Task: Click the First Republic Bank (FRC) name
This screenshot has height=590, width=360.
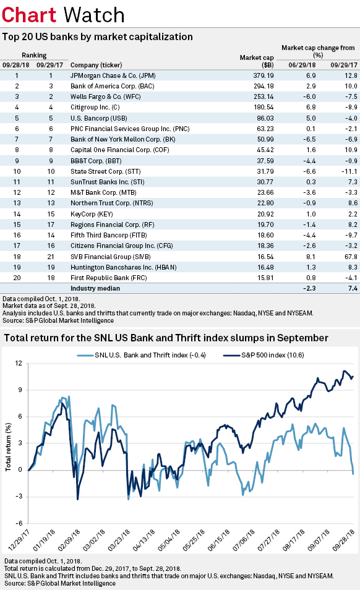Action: (106, 277)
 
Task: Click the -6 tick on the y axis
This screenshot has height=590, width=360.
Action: (19, 522)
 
